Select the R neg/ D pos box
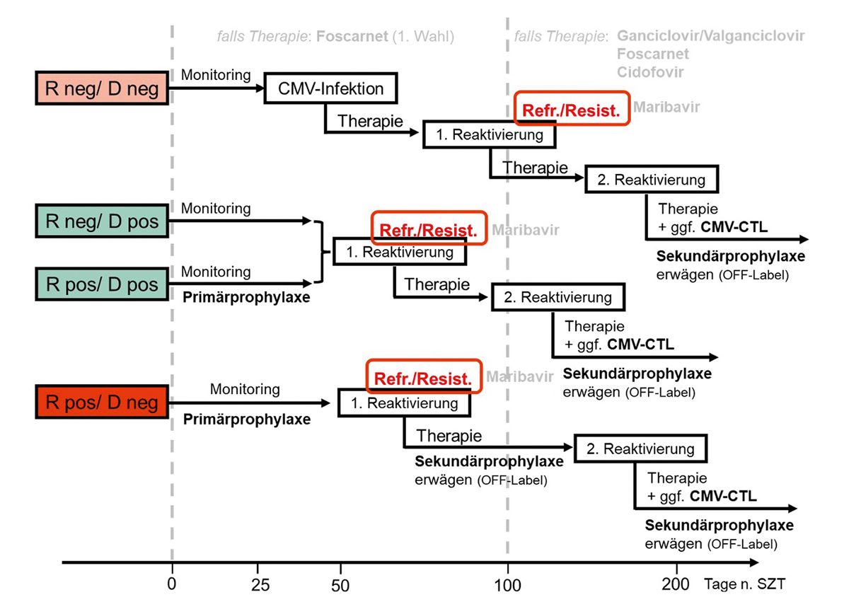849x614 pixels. (101, 221)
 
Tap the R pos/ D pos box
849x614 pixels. (101, 284)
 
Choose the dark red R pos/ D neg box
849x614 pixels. (101, 403)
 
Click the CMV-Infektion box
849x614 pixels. (330, 88)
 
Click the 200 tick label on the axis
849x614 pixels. (676, 585)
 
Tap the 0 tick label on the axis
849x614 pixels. (172, 585)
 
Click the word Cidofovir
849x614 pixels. (651, 72)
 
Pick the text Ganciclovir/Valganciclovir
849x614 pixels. (711, 36)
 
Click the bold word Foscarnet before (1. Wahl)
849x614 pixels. (352, 36)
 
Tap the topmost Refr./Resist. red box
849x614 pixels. (571, 110)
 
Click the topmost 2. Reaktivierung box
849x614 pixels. (651, 179)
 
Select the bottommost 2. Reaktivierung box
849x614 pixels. (640, 448)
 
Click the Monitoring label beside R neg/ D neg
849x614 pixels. (216, 74)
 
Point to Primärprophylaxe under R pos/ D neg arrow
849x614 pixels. (247, 419)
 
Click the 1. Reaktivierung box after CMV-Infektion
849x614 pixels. (489, 134)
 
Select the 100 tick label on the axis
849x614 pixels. (507, 585)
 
